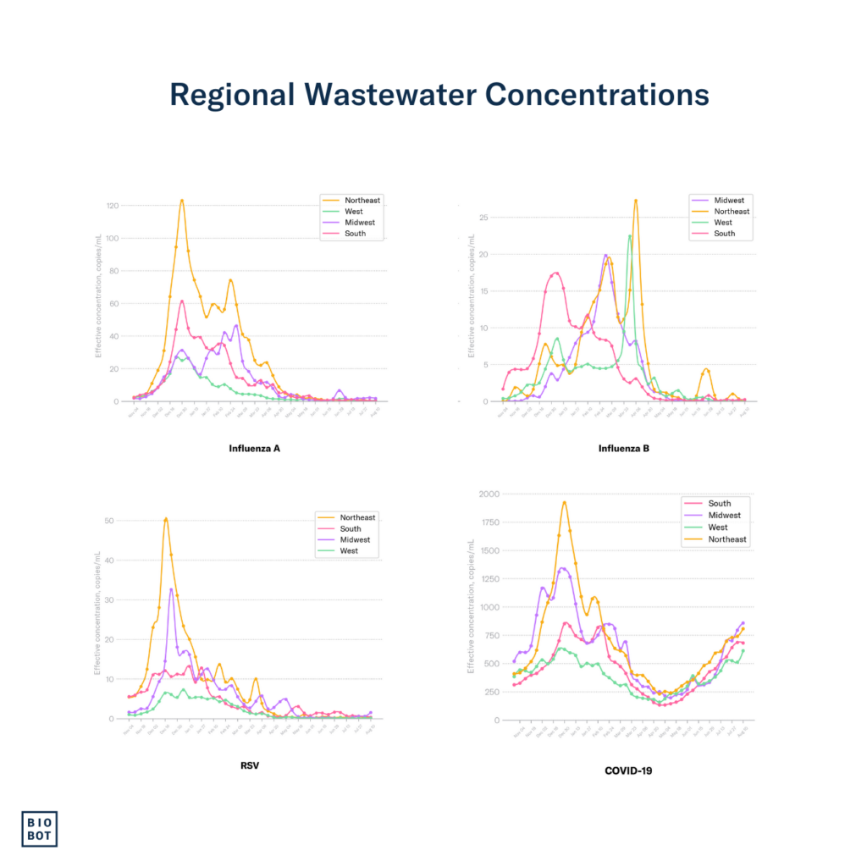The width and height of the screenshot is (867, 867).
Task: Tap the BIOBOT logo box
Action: pos(39,829)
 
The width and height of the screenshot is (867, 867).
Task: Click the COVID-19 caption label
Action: pos(627,770)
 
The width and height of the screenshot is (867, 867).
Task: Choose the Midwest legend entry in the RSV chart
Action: pos(353,539)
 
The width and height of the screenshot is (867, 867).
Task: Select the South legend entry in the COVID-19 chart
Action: pos(720,504)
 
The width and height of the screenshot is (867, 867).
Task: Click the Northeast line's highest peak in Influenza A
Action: pos(182,201)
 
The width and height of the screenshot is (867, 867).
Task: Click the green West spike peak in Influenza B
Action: pos(629,236)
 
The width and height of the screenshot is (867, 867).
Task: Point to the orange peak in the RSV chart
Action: pos(166,518)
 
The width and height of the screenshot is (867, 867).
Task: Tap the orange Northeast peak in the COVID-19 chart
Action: pos(564,502)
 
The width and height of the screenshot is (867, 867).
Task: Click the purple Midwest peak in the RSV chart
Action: pos(172,589)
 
